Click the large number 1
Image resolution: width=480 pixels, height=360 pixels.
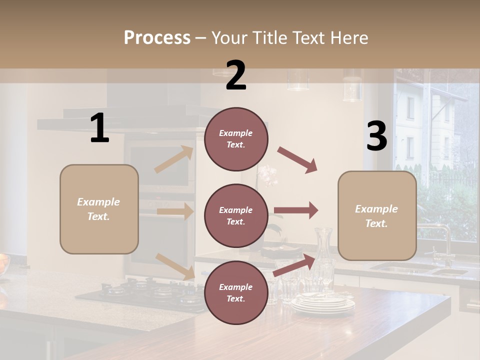(x=99, y=128)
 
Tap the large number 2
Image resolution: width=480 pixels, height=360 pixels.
(x=236, y=75)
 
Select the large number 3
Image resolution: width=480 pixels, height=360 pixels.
(x=376, y=136)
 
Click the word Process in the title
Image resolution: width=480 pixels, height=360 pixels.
(x=157, y=38)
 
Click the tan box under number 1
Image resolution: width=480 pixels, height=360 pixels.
(x=99, y=209)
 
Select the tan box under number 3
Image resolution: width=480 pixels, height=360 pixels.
(x=377, y=216)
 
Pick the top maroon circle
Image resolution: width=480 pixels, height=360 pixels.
(x=236, y=139)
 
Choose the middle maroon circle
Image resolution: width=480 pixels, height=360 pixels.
(x=236, y=215)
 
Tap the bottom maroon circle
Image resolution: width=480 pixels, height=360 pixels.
(x=236, y=292)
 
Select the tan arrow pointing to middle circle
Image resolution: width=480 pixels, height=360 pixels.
(x=175, y=211)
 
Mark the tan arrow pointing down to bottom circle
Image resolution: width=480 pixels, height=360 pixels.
(x=175, y=266)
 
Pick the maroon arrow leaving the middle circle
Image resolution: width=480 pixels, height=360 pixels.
(x=296, y=210)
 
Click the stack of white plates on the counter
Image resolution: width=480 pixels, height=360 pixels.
(x=322, y=302)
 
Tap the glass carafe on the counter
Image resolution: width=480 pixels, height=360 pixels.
(x=324, y=255)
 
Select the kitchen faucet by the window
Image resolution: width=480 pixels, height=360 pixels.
(x=442, y=240)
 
